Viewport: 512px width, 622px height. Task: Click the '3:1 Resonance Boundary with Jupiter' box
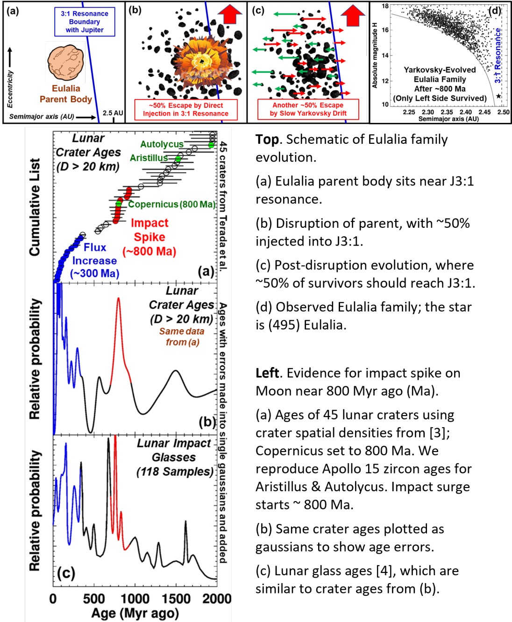click(x=85, y=22)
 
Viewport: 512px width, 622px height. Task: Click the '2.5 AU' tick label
click(x=113, y=113)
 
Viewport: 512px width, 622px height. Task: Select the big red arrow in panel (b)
click(x=230, y=14)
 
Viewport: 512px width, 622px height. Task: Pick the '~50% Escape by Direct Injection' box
click(x=186, y=109)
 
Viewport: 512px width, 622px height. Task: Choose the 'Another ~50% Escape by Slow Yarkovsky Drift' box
click(x=308, y=109)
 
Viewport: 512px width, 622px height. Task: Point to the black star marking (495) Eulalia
click(x=498, y=96)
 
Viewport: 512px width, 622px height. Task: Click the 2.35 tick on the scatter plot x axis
click(x=447, y=112)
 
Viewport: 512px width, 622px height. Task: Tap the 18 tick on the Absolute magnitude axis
click(x=385, y=6)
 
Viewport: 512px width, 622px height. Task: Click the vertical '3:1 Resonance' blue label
click(x=498, y=55)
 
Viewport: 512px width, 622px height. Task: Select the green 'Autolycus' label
click(x=162, y=144)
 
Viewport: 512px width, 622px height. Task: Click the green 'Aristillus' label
click(x=149, y=158)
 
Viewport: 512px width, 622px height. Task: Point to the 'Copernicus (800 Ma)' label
click(x=171, y=204)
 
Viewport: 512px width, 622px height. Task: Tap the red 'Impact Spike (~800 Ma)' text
click(x=149, y=237)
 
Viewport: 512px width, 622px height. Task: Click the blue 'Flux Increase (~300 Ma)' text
click(x=95, y=260)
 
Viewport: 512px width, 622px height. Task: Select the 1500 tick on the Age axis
click(x=176, y=599)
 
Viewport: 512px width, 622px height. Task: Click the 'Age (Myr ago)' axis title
click(x=135, y=613)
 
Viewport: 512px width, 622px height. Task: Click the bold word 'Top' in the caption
click(x=267, y=139)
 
